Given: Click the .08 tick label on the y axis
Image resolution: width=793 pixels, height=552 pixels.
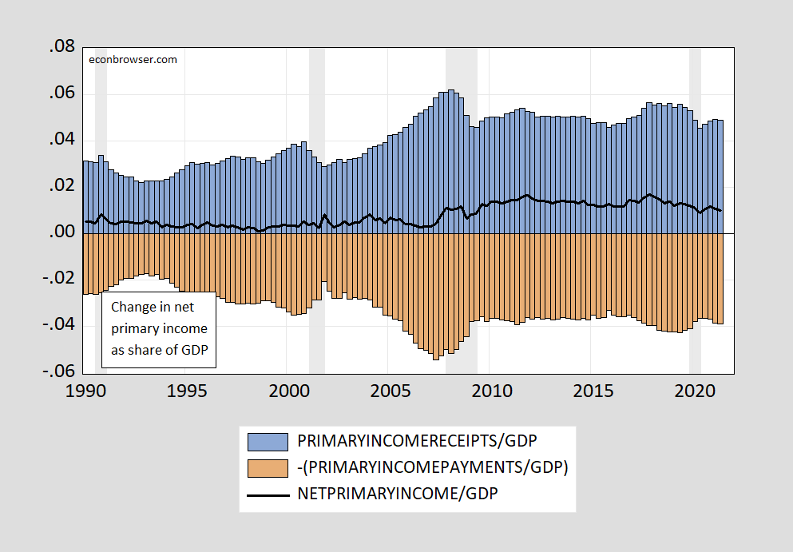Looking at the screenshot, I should pyautogui.click(x=62, y=48).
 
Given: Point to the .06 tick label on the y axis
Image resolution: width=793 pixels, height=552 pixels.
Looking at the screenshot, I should pyautogui.click(x=62, y=94).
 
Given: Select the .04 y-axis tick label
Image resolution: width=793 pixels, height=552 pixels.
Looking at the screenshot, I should pyautogui.click(x=62, y=141).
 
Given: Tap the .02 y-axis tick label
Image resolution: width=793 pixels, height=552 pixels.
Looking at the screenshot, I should pyautogui.click(x=62, y=187).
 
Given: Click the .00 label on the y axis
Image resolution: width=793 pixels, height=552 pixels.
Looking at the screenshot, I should pyautogui.click(x=62, y=233).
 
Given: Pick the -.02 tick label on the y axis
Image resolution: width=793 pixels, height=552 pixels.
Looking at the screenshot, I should pyautogui.click(x=60, y=280).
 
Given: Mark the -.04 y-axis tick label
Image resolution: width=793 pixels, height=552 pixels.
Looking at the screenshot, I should pyautogui.click(x=60, y=326).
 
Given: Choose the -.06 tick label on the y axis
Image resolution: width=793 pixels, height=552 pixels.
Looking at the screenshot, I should pyautogui.click(x=60, y=372).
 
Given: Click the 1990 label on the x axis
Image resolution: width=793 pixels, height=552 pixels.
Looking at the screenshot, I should pyautogui.click(x=85, y=391).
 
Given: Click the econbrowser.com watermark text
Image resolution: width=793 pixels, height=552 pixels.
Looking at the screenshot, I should pyautogui.click(x=133, y=59).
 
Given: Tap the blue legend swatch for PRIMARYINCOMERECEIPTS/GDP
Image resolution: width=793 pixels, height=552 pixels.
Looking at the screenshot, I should pyautogui.click(x=268, y=441).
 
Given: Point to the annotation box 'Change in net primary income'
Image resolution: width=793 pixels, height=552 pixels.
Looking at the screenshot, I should pyautogui.click(x=159, y=329).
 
